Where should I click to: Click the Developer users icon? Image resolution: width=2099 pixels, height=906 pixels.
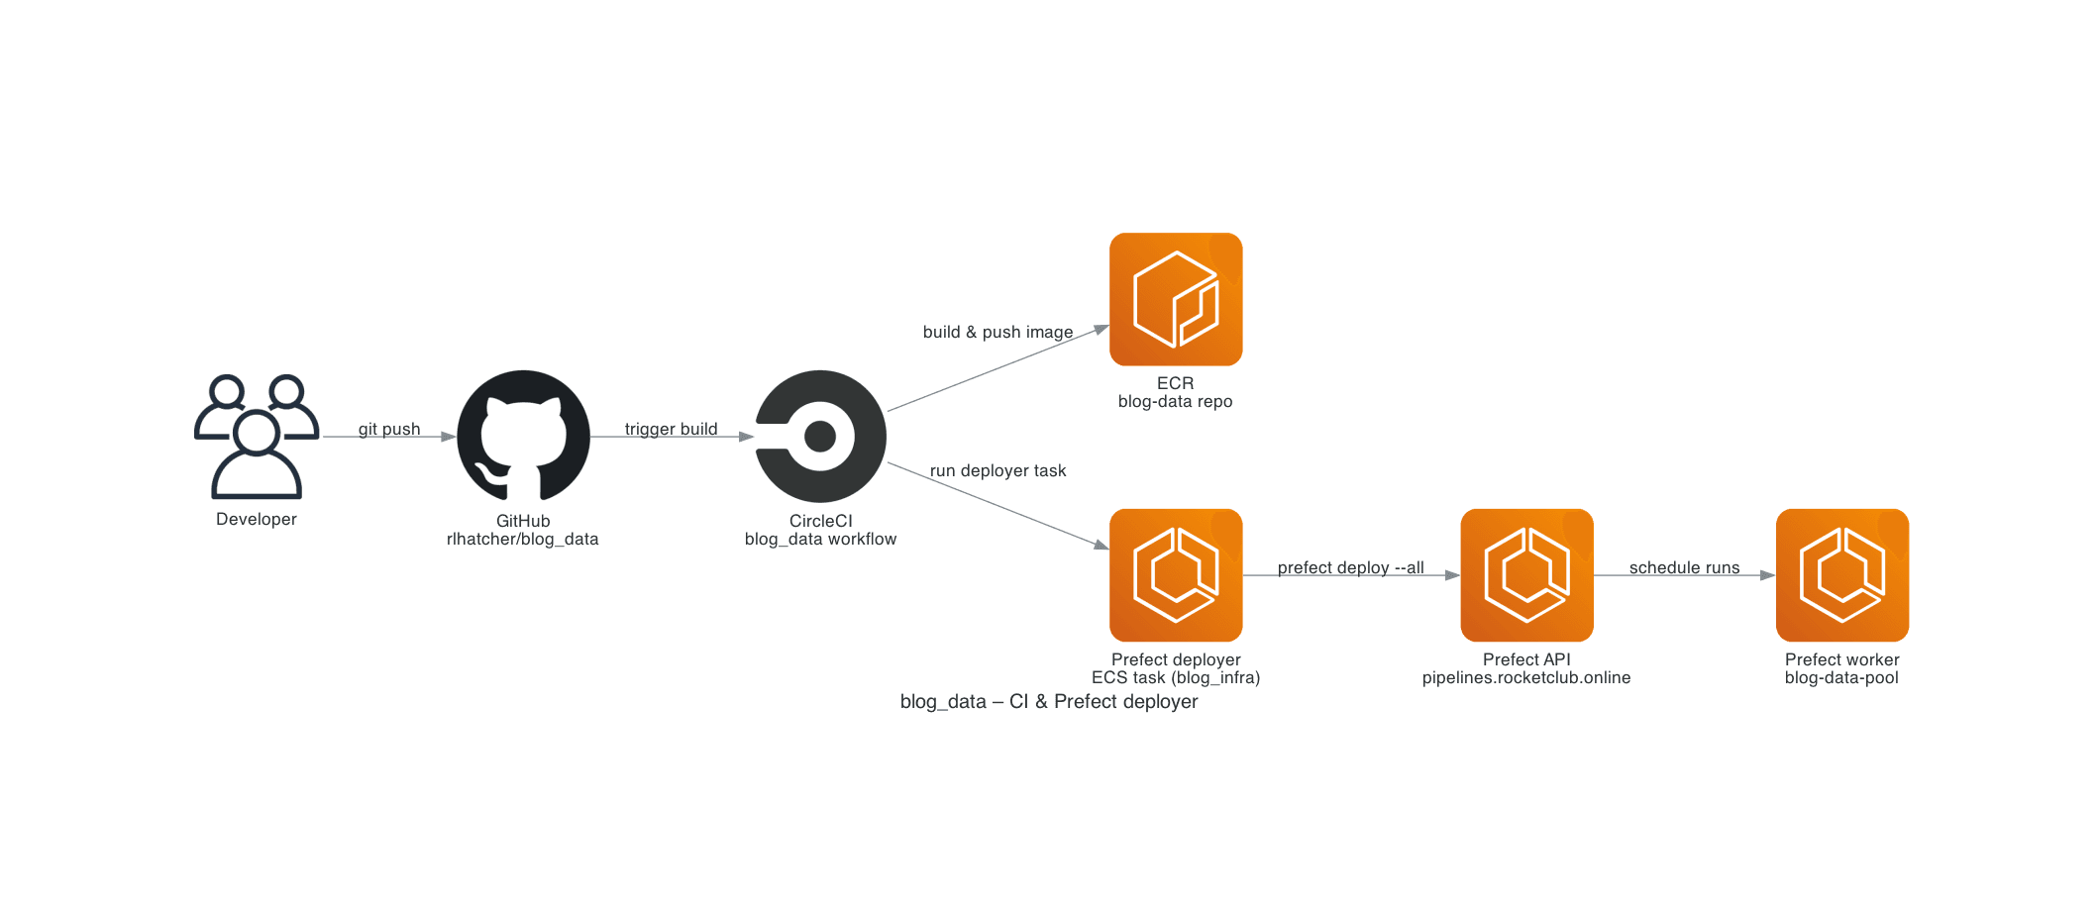pos(257,436)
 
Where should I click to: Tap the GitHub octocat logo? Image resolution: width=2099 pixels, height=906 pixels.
pos(523,436)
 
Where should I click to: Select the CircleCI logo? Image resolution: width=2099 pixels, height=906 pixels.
pos(820,436)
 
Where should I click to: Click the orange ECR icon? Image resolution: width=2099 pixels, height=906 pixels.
pos(1176,299)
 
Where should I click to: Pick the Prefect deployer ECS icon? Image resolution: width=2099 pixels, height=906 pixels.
pos(1176,575)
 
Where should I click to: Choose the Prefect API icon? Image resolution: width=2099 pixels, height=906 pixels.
pos(1526,575)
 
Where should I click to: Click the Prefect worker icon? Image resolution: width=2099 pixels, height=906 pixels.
pos(1841,575)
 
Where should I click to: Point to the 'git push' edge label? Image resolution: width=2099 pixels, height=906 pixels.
pos(389,429)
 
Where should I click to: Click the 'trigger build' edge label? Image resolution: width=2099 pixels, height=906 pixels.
pos(671,429)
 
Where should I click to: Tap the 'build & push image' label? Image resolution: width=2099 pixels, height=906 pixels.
pos(997,332)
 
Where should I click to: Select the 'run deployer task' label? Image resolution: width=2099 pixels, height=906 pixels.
pos(997,470)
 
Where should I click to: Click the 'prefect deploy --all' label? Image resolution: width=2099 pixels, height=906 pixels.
pos(1350,567)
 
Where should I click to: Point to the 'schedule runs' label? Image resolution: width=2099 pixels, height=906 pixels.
pos(1684,567)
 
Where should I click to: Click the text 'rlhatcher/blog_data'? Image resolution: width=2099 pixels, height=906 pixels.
pos(522,539)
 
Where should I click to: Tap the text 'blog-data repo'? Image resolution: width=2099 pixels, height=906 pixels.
pos(1175,401)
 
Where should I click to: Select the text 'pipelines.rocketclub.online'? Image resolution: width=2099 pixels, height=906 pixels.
pos(1525,677)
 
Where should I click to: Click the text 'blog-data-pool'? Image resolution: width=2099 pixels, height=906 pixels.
pos(1841,677)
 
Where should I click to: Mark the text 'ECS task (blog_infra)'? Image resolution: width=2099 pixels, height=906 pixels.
pos(1175,677)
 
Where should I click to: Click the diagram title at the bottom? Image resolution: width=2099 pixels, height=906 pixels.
pos(1048,701)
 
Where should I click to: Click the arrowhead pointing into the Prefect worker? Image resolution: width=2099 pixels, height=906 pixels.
pos(1767,575)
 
